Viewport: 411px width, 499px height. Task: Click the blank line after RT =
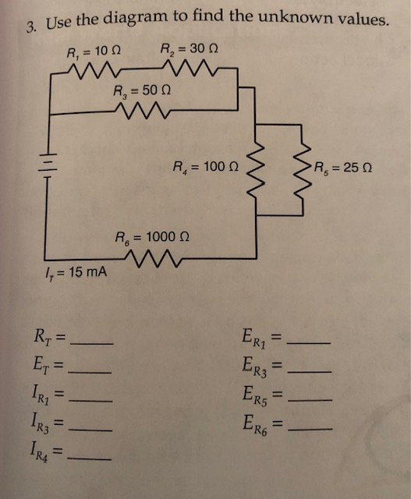92,343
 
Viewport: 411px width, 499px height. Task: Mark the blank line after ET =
92,369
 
